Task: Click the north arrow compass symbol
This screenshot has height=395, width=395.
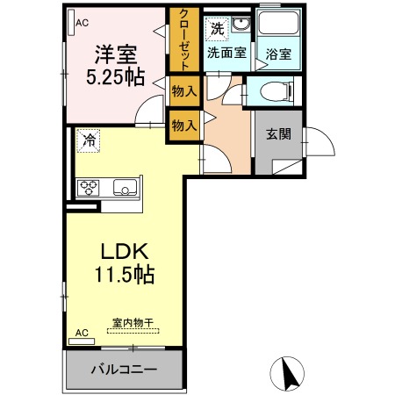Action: coord(287,374)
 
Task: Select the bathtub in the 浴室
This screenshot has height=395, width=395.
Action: coord(278,23)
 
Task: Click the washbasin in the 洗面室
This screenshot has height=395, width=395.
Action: coord(241,25)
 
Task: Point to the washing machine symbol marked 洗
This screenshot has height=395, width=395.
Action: coord(217,29)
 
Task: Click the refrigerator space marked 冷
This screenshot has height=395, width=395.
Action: coord(89,140)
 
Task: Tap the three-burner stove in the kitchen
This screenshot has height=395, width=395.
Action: coord(89,188)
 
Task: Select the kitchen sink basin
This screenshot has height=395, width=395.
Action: coord(125,188)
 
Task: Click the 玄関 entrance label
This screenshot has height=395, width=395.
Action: coord(278,134)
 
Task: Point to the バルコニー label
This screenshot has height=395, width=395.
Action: coord(124,370)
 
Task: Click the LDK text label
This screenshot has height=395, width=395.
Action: coord(125,251)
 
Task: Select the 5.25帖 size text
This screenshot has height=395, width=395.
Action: coord(116,77)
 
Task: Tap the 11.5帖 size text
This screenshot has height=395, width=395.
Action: coord(125,275)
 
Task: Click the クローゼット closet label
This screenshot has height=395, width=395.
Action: coord(184,39)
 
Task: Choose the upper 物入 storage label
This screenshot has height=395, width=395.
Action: coord(184,91)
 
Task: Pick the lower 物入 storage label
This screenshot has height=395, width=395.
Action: coord(184,126)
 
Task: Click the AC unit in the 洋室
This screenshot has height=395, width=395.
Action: coord(71,23)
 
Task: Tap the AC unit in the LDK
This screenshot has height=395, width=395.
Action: coord(82,341)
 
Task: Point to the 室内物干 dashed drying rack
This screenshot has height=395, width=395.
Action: coord(133,331)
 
